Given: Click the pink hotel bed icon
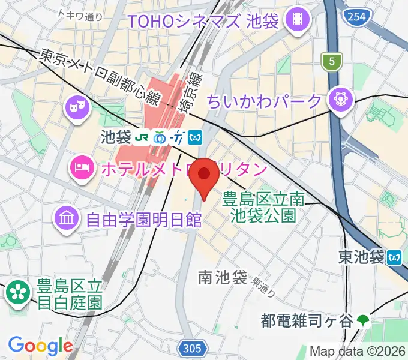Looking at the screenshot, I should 81,167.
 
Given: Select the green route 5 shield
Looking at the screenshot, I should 330,60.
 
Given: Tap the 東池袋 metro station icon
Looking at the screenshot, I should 395,257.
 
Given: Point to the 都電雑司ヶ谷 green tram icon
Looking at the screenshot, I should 364,321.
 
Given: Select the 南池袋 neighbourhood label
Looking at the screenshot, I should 223,278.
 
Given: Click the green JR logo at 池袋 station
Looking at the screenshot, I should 142,137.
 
